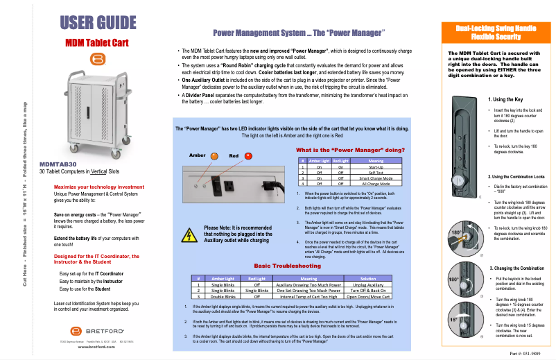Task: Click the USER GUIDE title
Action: [x=97, y=23]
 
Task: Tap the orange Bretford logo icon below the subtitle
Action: [x=96, y=58]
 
